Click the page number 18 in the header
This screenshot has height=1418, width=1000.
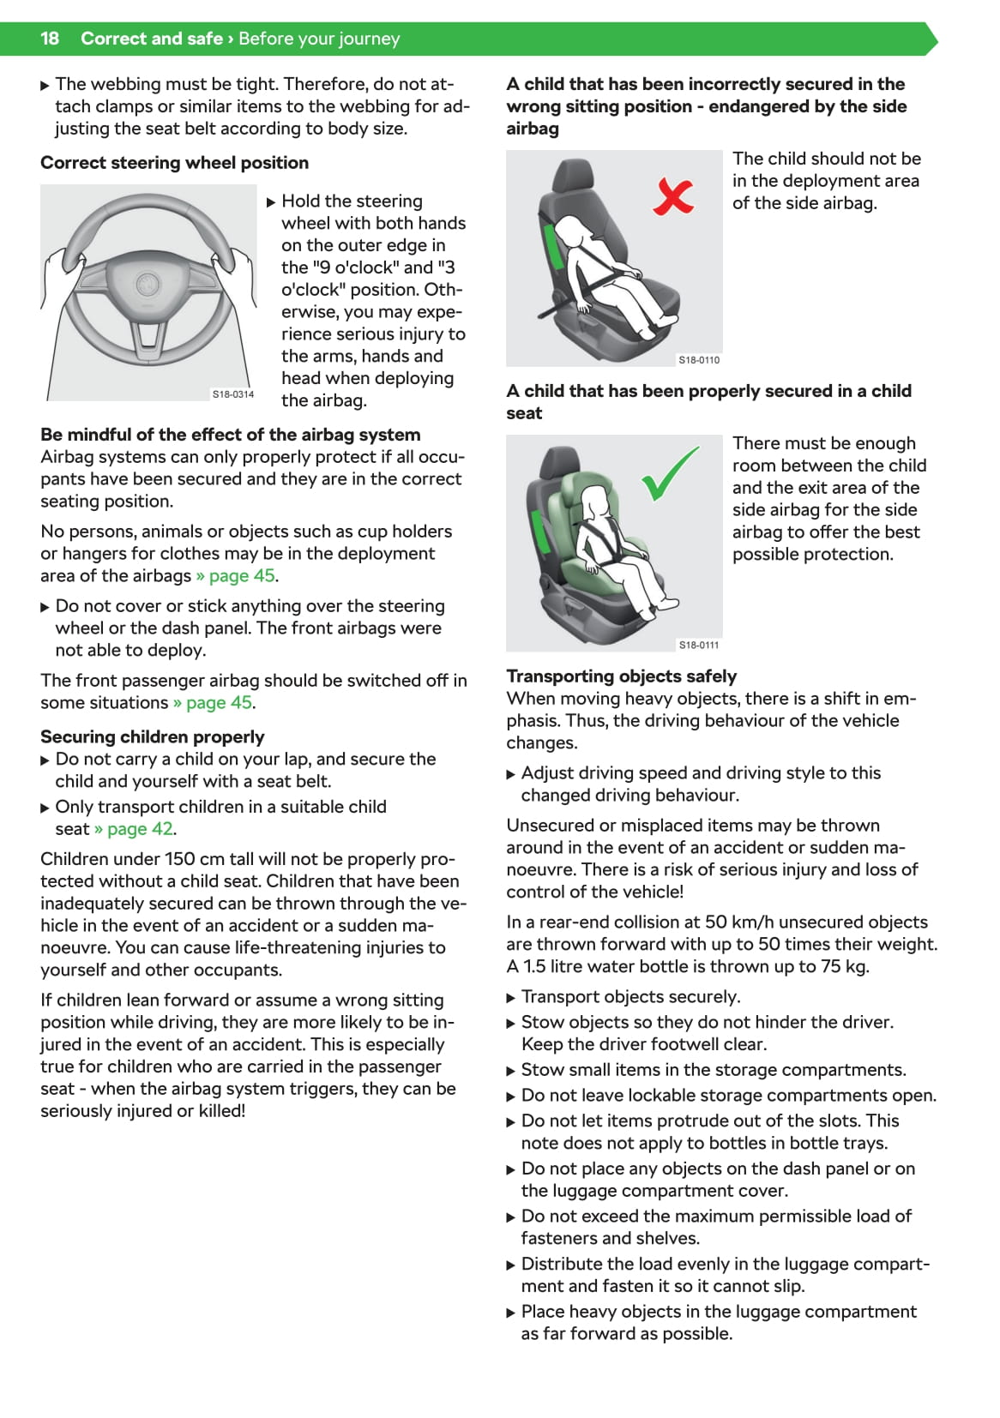click(x=50, y=39)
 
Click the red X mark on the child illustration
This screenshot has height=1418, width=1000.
click(x=673, y=196)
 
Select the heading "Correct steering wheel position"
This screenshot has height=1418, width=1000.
click(x=174, y=163)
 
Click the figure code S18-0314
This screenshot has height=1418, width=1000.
click(x=233, y=394)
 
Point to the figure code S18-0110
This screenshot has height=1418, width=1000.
click(x=699, y=360)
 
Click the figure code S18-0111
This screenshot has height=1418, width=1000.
click(x=699, y=645)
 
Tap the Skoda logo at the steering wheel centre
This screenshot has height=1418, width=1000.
click(x=148, y=286)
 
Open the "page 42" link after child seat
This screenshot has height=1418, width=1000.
click(x=134, y=829)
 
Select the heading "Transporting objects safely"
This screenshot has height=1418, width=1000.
click(x=622, y=676)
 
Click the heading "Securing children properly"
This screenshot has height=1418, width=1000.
click(x=152, y=737)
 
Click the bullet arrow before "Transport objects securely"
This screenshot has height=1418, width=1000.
click(x=511, y=998)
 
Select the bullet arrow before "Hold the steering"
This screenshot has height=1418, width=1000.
click(x=271, y=202)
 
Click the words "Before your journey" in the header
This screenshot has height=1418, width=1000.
click(x=319, y=39)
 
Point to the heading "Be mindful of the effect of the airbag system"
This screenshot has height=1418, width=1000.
click(x=230, y=435)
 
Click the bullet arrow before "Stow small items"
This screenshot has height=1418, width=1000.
click(x=511, y=1071)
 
